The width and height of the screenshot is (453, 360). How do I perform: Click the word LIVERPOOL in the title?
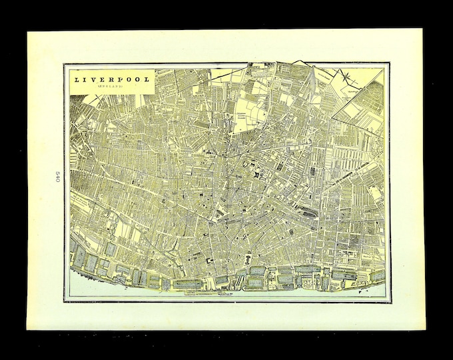click(x=111, y=79)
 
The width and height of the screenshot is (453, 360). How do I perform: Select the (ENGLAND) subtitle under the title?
click(x=111, y=87)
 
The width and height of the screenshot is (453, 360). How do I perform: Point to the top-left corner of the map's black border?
click(x=65, y=64)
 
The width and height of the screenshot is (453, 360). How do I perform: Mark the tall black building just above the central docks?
click(x=248, y=257)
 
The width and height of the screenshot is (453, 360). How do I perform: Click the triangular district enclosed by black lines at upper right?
click(x=363, y=107)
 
